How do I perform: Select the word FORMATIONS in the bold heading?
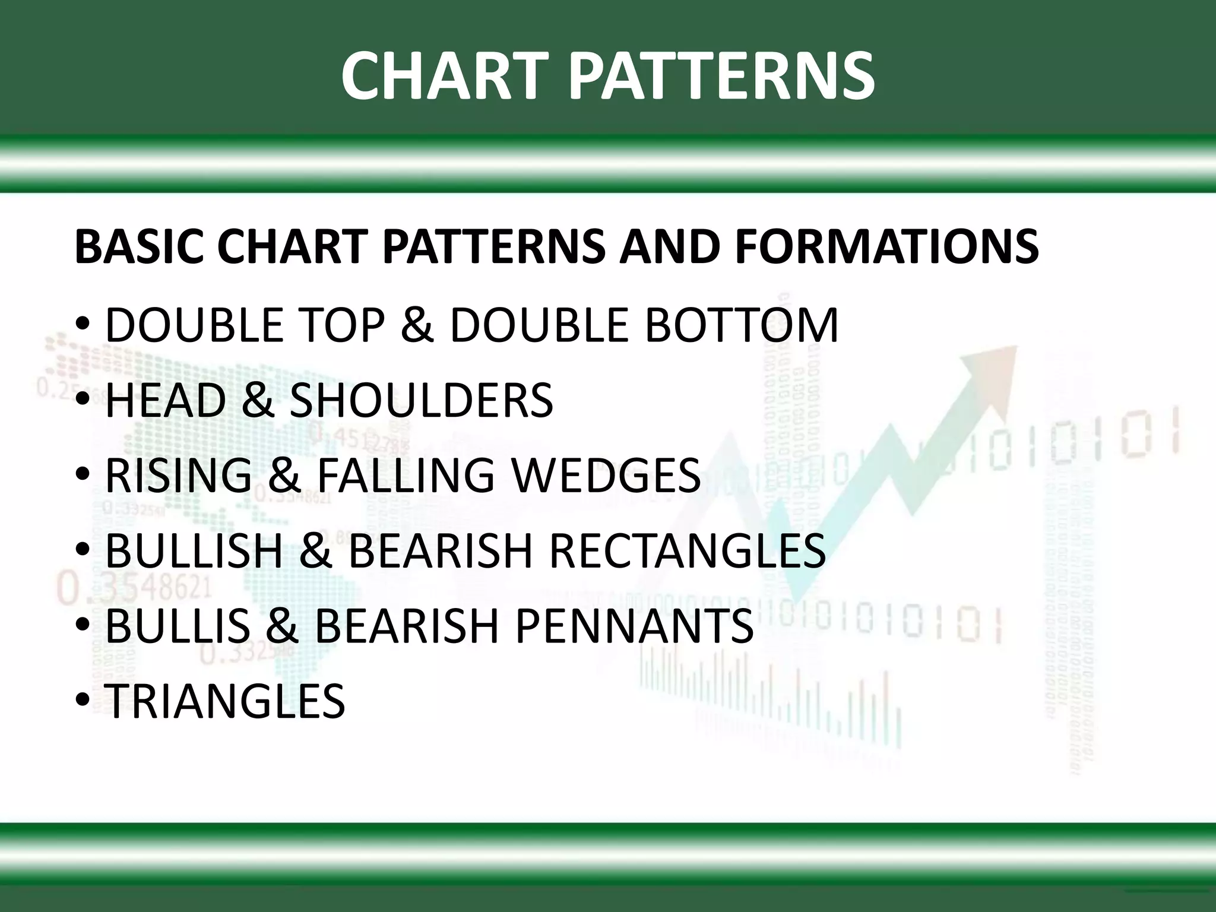coord(886,246)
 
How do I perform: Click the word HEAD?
coord(166,400)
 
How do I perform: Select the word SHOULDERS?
coord(421,400)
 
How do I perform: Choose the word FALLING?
coord(406,475)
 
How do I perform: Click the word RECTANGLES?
coord(687,550)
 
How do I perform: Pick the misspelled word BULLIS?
coord(178,625)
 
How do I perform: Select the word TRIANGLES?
coord(225,701)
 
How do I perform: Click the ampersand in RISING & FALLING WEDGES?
coord(285,475)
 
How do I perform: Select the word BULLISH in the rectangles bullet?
coord(194,550)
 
